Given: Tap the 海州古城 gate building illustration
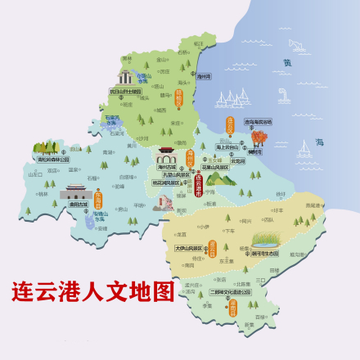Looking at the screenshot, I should (168, 157).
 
